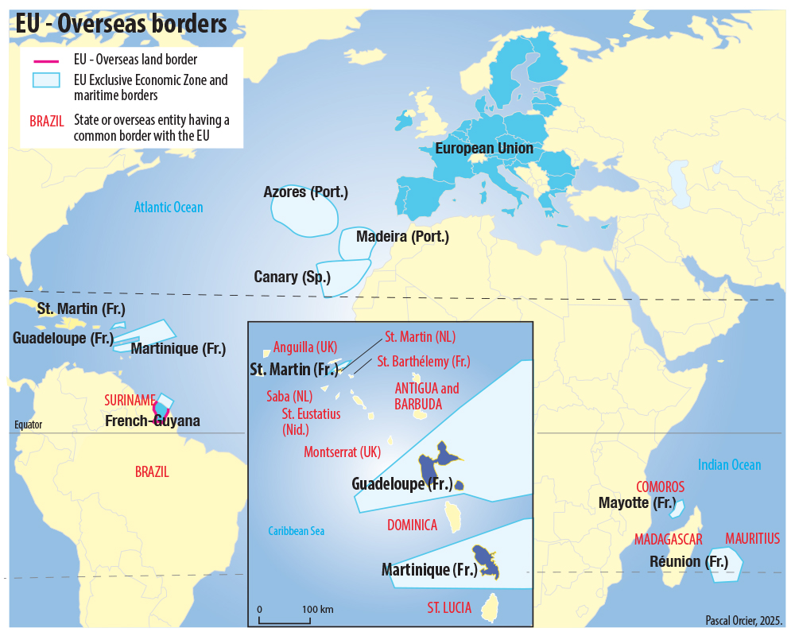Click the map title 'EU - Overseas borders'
[x=122, y=24]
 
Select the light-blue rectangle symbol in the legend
[x=45, y=80]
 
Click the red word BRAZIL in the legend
[x=46, y=122]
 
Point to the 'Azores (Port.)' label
[x=305, y=192]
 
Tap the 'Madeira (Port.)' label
[x=402, y=237]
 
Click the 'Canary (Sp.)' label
[x=292, y=277]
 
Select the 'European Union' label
[x=484, y=149]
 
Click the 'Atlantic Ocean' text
[x=169, y=207]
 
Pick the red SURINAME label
[x=130, y=400]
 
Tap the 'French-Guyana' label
[x=153, y=421]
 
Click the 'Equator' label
[x=28, y=425]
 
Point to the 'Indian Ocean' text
[x=729, y=465]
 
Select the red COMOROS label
[x=660, y=487]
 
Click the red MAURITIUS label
[x=752, y=539]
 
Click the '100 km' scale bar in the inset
[x=295, y=616]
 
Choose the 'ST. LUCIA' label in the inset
[x=449, y=608]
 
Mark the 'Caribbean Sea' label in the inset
[x=296, y=531]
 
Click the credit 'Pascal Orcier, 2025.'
[x=744, y=620]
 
